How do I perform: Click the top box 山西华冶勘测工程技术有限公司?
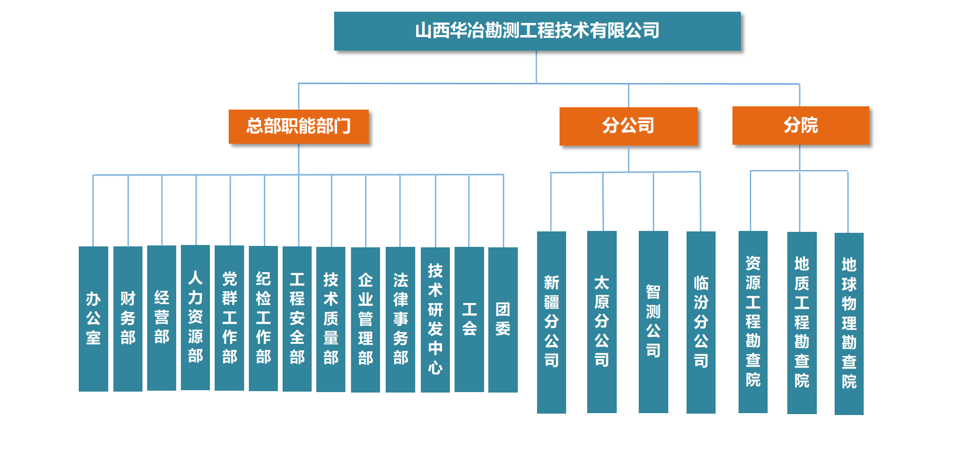[x=537, y=31]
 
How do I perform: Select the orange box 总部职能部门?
[x=299, y=126]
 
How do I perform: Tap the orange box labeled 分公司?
[x=628, y=126]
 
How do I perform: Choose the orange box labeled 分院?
[x=800, y=126]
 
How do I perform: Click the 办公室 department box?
[x=93, y=319]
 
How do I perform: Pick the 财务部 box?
[x=128, y=319]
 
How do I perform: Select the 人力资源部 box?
[x=195, y=318]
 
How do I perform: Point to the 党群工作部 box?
[x=229, y=318]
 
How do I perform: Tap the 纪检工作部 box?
[x=263, y=318]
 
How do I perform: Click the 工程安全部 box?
[x=297, y=319]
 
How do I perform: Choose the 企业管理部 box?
[x=366, y=319]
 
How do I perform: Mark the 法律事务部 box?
[x=400, y=319]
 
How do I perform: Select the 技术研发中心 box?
[x=435, y=319]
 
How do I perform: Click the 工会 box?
[x=469, y=319]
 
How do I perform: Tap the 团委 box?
[x=503, y=319]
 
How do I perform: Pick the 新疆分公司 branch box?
[x=552, y=322]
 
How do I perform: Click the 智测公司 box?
[x=653, y=322]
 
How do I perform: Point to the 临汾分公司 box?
[x=701, y=322]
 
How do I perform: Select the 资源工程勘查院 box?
[x=753, y=322]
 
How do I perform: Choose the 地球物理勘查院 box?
[x=849, y=323]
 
